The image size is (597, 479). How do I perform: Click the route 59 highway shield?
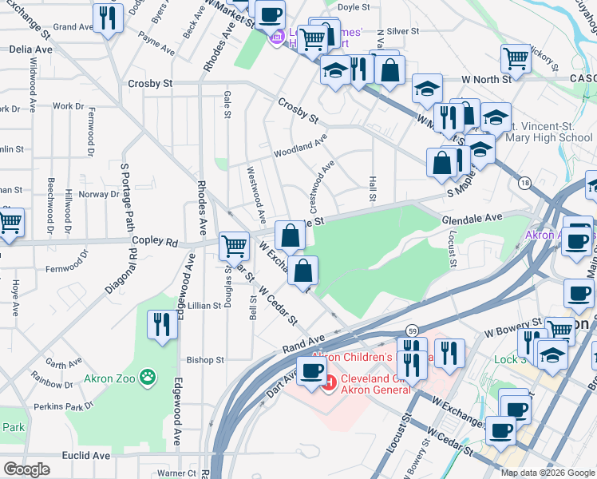pyautogui.click(x=412, y=331)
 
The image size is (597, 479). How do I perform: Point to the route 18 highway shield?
pyautogui.click(x=524, y=183)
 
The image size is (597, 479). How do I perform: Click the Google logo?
pyautogui.click(x=26, y=469)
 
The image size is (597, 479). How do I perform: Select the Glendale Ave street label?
pyautogui.click(x=472, y=217)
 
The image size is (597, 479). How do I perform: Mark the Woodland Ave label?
pyautogui.click(x=300, y=146)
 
